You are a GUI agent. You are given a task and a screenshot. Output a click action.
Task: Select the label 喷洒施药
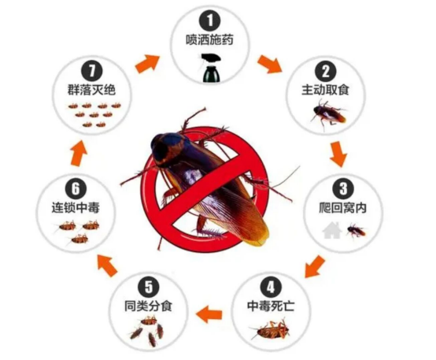click(209, 40)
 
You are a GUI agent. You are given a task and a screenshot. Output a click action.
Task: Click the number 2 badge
click(326, 71)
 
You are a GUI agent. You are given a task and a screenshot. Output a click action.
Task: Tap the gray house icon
click(332, 230)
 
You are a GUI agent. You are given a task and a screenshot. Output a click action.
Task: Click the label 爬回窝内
click(342, 208)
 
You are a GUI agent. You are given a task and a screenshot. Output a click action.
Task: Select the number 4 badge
click(271, 287)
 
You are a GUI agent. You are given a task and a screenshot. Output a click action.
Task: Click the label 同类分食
click(149, 306)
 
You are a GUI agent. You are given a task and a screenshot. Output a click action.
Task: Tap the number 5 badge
click(149, 287)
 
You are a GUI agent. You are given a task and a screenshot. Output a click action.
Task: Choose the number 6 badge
click(76, 189)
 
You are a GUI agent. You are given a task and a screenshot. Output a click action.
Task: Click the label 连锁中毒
click(76, 208)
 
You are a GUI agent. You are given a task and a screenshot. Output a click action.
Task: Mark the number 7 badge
click(92, 71)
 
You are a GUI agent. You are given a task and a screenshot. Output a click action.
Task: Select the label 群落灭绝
click(92, 91)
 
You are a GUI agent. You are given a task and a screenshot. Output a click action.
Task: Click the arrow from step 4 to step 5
click(209, 314)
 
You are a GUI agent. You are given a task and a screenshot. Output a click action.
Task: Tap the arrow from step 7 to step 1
click(147, 64)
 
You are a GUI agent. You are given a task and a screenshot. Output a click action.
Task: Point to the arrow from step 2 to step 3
click(338, 154)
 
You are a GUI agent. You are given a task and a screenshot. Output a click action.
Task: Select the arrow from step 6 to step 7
click(79, 153)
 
